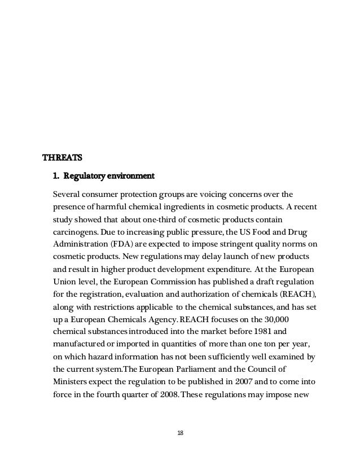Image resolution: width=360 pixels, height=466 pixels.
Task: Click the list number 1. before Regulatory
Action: [56, 176]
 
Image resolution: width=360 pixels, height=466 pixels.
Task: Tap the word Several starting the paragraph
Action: [68, 195]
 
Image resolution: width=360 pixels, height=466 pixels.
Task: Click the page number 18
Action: [180, 433]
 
